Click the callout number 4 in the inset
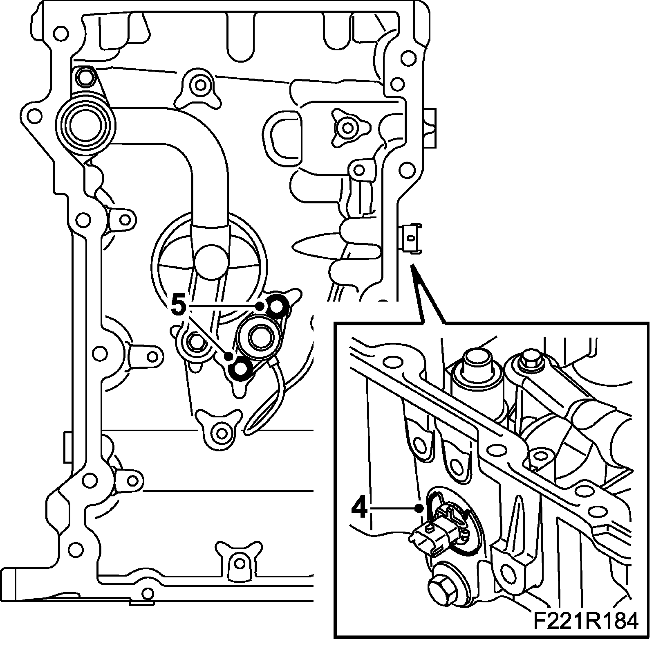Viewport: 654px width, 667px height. point(359,510)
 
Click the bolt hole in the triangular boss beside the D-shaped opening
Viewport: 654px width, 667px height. point(347,128)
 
